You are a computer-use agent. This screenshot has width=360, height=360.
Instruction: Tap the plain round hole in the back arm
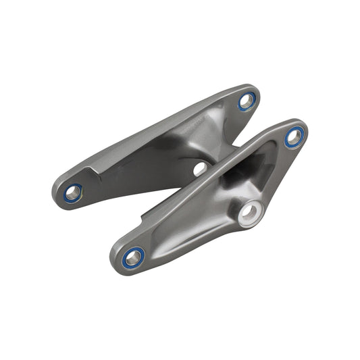click(200, 168)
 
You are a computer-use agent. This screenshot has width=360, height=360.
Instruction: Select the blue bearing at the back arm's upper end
click(247, 102)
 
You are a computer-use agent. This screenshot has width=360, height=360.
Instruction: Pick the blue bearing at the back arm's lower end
click(73, 193)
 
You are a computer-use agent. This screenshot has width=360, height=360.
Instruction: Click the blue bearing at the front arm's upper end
click(294, 136)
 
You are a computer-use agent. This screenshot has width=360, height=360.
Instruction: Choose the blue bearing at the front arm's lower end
click(133, 257)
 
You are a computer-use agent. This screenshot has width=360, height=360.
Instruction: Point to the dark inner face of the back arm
click(149, 162)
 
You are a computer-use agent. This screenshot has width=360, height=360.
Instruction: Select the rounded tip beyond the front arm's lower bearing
click(118, 262)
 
